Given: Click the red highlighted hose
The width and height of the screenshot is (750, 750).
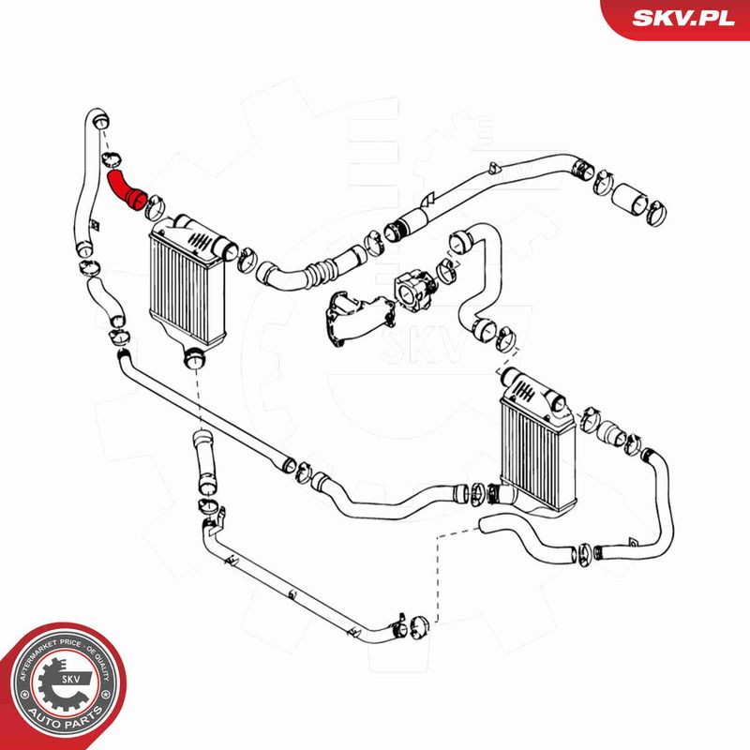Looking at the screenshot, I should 123,186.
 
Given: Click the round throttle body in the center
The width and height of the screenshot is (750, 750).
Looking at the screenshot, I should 412,287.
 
